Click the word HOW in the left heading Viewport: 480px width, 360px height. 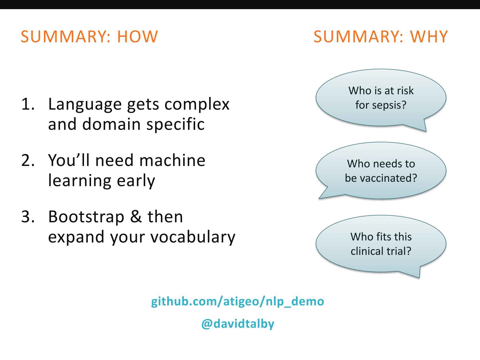(137, 37)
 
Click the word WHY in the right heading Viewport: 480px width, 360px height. (429, 37)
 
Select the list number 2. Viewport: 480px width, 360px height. (28, 160)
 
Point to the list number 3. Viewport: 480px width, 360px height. (28, 217)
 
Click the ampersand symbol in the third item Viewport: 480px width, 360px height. (136, 217)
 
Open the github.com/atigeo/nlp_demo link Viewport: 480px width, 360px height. (237, 301)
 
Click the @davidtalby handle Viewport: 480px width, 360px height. (238, 324)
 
